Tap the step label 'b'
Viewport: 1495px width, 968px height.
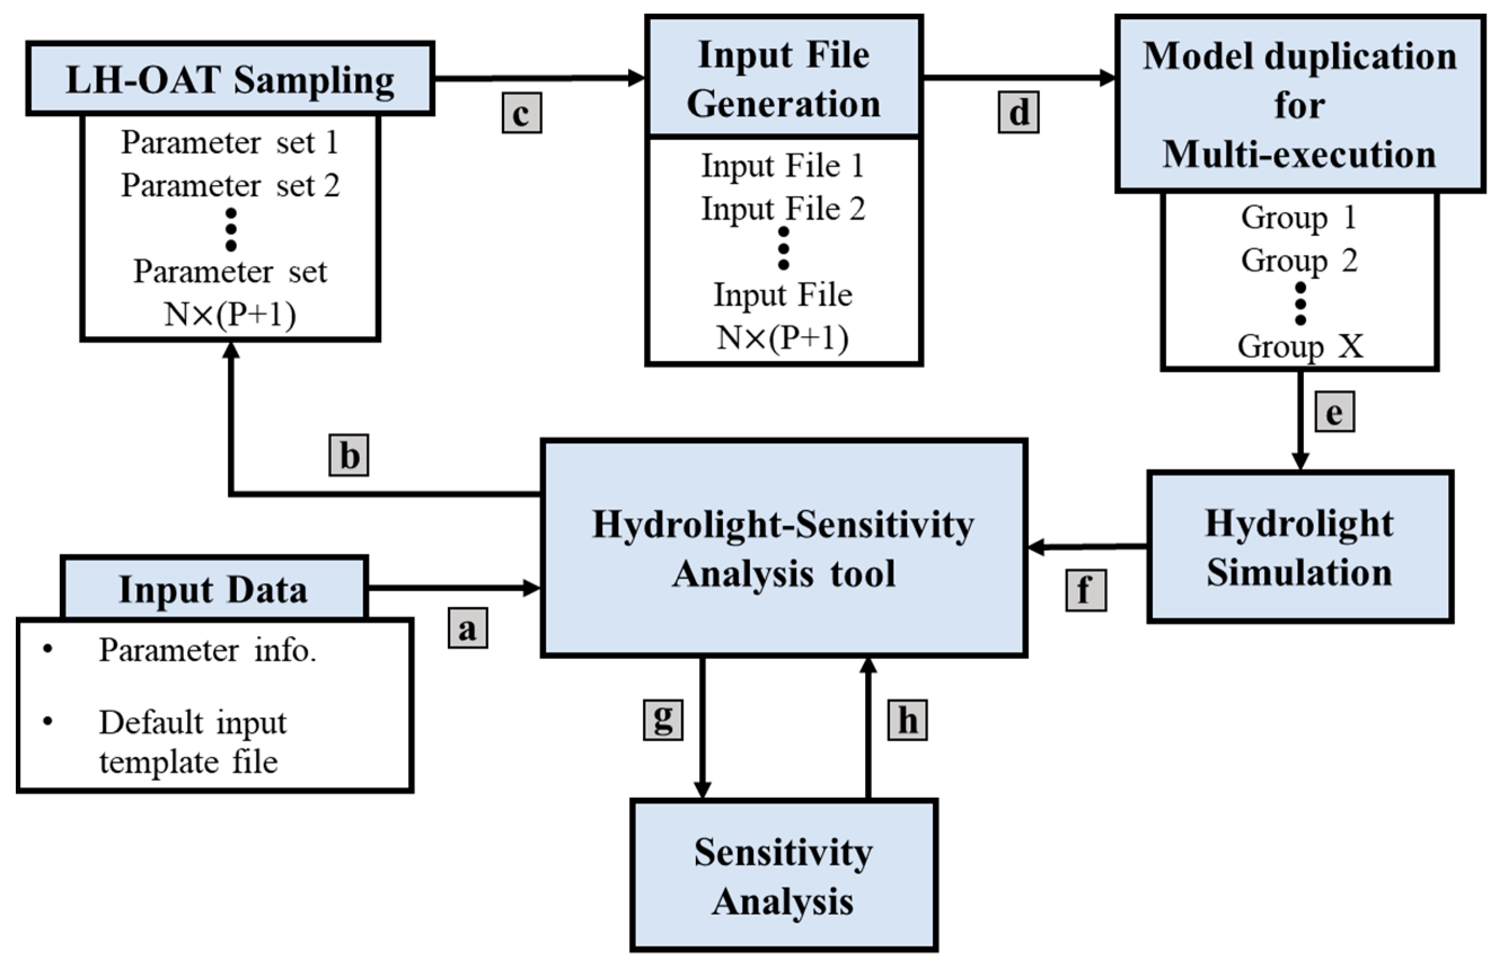click(x=349, y=455)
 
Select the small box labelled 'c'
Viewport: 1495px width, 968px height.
click(x=522, y=113)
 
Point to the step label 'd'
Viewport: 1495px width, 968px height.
click(x=1018, y=112)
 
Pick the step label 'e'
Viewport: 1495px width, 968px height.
click(x=1335, y=412)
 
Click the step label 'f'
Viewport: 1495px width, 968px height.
click(x=1086, y=590)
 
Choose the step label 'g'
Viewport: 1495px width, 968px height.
click(x=663, y=720)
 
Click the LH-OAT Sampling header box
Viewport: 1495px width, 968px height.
click(x=230, y=79)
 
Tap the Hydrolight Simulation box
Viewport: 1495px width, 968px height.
click(x=1300, y=547)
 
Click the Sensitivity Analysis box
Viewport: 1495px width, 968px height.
click(x=783, y=876)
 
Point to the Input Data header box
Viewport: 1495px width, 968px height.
click(x=214, y=589)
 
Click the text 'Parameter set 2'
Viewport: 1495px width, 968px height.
click(x=230, y=185)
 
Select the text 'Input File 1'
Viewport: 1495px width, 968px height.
click(x=783, y=166)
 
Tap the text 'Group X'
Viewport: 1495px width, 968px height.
click(x=1300, y=346)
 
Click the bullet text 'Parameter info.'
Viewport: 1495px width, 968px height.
click(x=208, y=650)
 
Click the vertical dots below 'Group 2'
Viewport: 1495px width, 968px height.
click(x=1300, y=303)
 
